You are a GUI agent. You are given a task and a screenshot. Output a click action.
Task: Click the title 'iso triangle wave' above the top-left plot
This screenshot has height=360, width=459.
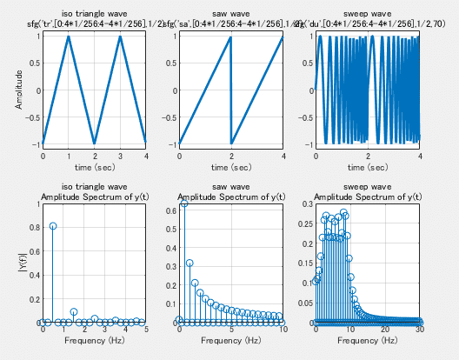[94, 15]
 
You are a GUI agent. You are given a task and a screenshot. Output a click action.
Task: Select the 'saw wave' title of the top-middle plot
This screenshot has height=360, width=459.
[230, 15]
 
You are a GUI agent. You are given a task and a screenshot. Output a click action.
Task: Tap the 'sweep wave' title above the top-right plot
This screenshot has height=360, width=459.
[368, 15]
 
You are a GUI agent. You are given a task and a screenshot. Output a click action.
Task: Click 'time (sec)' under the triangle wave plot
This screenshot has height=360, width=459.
[94, 167]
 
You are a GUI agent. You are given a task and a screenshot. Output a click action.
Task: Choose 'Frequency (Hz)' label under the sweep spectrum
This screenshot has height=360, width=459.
[368, 341]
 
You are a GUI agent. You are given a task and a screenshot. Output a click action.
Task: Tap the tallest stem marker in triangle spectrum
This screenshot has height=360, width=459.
[53, 226]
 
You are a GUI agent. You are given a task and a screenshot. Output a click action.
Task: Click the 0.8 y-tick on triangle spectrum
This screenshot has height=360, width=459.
[34, 228]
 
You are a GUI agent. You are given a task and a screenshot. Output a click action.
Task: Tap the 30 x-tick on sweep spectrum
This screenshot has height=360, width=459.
[420, 330]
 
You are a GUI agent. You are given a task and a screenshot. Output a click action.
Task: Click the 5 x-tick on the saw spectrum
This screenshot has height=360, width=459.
[231, 330]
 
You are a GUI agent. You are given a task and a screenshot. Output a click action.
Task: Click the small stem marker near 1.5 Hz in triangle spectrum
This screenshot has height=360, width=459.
[74, 311]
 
